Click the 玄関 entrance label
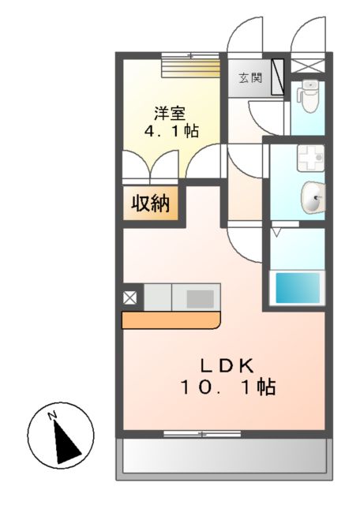[x=251, y=78]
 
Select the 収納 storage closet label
[x=150, y=204]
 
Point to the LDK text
[x=225, y=365]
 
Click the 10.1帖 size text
[x=226, y=388]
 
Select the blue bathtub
[x=298, y=287]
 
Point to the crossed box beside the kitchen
[x=130, y=297]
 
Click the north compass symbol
[x=61, y=434]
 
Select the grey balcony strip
[x=223, y=456]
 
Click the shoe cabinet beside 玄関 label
[x=278, y=77]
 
